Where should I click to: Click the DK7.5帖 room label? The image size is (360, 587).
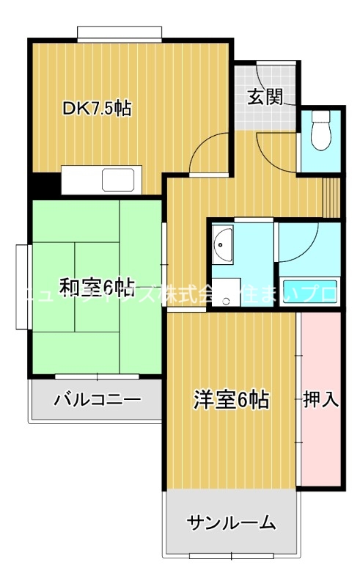(97, 109)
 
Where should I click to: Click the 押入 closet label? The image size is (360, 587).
(320, 400)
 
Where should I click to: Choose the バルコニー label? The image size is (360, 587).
(98, 401)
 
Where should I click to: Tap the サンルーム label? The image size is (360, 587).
(231, 523)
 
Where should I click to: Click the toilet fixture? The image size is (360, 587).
(320, 131)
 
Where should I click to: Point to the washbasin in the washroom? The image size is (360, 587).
(222, 241)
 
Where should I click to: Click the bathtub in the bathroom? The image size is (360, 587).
(309, 291)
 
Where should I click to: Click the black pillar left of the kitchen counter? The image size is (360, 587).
(44, 183)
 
